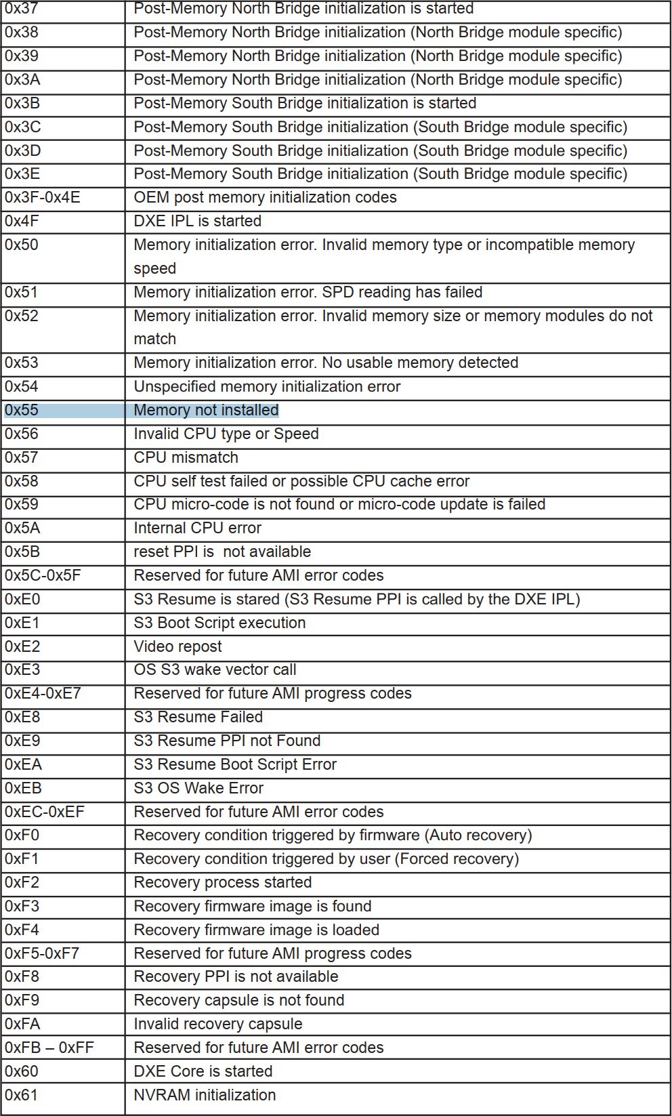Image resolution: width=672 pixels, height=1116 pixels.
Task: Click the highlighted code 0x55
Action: point(22,411)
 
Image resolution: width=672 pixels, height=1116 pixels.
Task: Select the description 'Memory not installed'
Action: point(206,411)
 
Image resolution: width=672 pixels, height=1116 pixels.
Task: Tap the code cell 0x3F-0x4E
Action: point(43,198)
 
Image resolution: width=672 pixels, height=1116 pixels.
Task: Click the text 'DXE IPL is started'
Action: point(197,222)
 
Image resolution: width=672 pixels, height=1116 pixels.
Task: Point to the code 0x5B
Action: point(22,552)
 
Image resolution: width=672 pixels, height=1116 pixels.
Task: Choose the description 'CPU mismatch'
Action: point(186,458)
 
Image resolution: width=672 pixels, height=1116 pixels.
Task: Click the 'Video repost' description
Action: point(177,647)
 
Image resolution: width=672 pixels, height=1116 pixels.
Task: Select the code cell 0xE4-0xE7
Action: point(43,694)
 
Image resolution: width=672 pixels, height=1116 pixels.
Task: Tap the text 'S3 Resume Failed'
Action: point(198,718)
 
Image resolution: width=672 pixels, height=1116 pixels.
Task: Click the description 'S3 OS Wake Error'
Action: point(198,789)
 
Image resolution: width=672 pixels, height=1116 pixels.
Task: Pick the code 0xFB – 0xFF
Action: point(49,1048)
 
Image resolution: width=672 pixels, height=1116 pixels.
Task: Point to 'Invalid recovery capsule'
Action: point(217,1025)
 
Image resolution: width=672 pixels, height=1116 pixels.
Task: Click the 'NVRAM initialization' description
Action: point(205,1096)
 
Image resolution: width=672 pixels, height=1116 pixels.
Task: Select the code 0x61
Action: point(22,1096)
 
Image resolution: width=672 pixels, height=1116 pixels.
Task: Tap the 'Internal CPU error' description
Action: point(197,529)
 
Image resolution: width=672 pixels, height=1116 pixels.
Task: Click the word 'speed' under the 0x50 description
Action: point(154,269)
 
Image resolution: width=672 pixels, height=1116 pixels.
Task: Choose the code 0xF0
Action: point(22,835)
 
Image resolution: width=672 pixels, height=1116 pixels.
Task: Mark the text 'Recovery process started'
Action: point(222,883)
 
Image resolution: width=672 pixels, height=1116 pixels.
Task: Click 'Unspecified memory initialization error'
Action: point(267,387)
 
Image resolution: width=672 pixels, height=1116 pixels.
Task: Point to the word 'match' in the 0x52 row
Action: point(154,339)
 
